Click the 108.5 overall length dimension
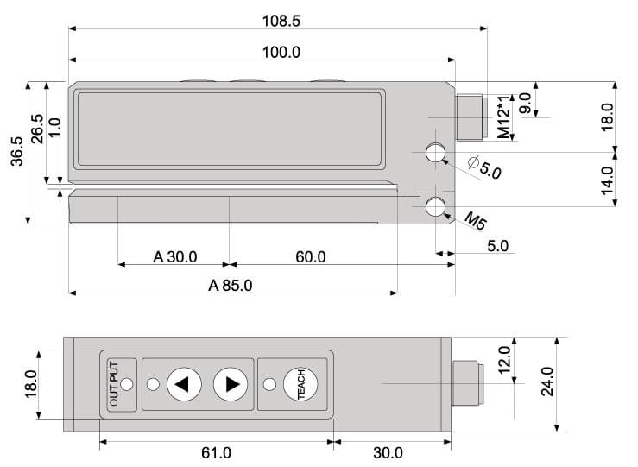[x=281, y=21]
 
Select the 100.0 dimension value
[x=281, y=52]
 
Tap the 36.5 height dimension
[x=17, y=151]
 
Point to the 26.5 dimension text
[x=37, y=129]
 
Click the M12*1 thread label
[x=503, y=117]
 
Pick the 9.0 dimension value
[x=525, y=104]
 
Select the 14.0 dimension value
[x=607, y=180]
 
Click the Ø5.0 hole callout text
[x=485, y=167]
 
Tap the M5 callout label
[x=475, y=221]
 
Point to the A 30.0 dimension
[x=175, y=257]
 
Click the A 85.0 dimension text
[x=231, y=286]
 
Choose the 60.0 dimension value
[x=311, y=257]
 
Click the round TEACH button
[x=300, y=384]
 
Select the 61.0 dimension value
[x=216, y=452]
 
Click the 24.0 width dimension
[x=546, y=382]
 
